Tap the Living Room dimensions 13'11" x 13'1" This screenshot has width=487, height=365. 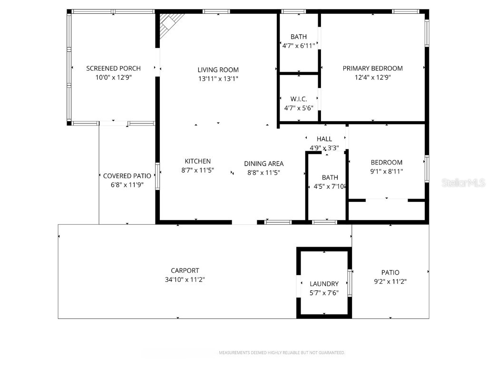(x=218, y=78)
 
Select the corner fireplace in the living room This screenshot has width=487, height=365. (x=170, y=25)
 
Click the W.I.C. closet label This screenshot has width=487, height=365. (x=299, y=99)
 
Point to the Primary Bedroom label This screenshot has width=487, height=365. (x=372, y=68)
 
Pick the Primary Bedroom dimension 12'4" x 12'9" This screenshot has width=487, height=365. (x=372, y=77)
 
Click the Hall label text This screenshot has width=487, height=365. (x=324, y=139)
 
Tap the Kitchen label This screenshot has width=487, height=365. (x=197, y=161)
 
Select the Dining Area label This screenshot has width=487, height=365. (x=264, y=163)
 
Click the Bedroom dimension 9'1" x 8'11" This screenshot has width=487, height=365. (x=387, y=172)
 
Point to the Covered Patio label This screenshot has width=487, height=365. (x=127, y=176)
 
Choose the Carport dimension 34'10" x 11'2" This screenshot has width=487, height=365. (x=185, y=280)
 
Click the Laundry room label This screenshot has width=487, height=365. (x=324, y=284)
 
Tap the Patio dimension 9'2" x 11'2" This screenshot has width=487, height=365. (x=390, y=281)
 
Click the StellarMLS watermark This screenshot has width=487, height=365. (x=463, y=183)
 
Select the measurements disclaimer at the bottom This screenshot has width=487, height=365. (x=282, y=353)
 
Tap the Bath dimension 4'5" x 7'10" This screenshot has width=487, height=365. (x=329, y=187)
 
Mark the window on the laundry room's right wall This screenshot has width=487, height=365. (x=351, y=283)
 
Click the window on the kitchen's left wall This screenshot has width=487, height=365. (x=157, y=176)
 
